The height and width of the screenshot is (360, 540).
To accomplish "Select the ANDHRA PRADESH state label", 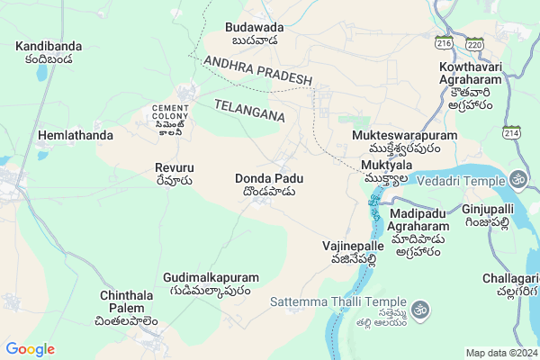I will pos(257,69).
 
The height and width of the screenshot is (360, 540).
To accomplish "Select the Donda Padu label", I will pos(269,184).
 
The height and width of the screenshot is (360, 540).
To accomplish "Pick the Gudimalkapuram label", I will pos(211,284).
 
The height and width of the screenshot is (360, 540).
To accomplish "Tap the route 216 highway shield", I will pos(443,42).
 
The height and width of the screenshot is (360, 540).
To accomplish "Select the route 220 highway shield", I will pos(475,43).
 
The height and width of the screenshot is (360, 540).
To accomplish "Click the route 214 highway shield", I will pos(511,133).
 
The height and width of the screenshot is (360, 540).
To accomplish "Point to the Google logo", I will pos(30,348).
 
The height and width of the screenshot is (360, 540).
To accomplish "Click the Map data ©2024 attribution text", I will pos(500,352).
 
